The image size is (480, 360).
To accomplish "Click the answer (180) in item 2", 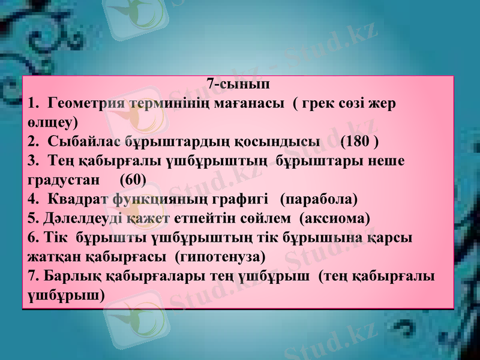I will [359, 142].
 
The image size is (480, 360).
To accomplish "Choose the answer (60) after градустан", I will [133, 179].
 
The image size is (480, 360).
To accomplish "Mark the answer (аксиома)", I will [335, 217].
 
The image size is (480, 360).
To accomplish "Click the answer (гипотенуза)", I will [218, 257].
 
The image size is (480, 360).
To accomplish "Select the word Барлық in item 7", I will [64, 276].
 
